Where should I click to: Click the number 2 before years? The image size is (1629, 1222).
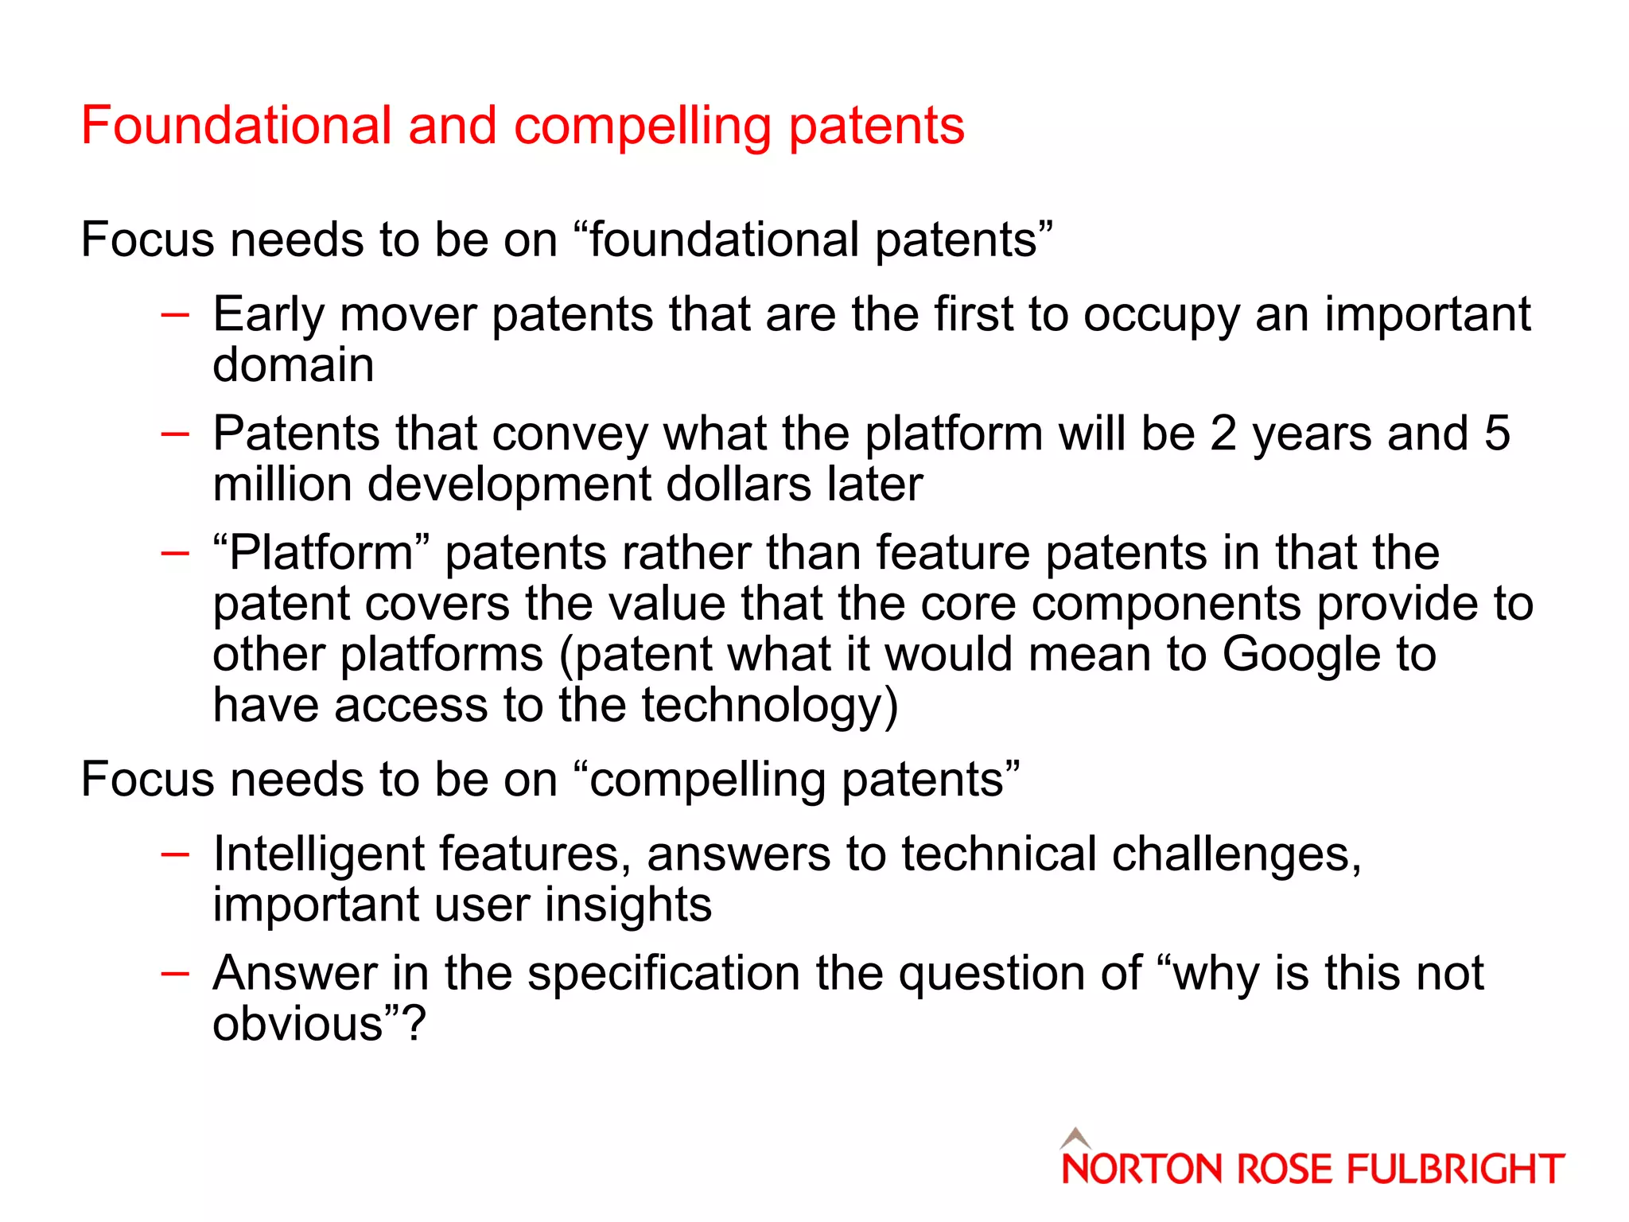(x=1223, y=434)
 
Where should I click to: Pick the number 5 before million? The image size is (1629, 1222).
(x=1496, y=434)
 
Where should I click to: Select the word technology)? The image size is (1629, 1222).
(x=769, y=706)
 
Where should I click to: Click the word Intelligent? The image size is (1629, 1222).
(x=318, y=854)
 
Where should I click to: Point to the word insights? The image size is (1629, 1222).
(x=628, y=905)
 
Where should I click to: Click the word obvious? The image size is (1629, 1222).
(x=297, y=1024)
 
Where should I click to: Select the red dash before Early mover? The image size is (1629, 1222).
(x=174, y=315)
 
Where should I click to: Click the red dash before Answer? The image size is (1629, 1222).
(x=174, y=973)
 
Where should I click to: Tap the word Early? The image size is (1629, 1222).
(x=269, y=315)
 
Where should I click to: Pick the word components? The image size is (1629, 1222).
(x=1165, y=605)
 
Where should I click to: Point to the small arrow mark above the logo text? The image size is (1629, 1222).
(x=1075, y=1138)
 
